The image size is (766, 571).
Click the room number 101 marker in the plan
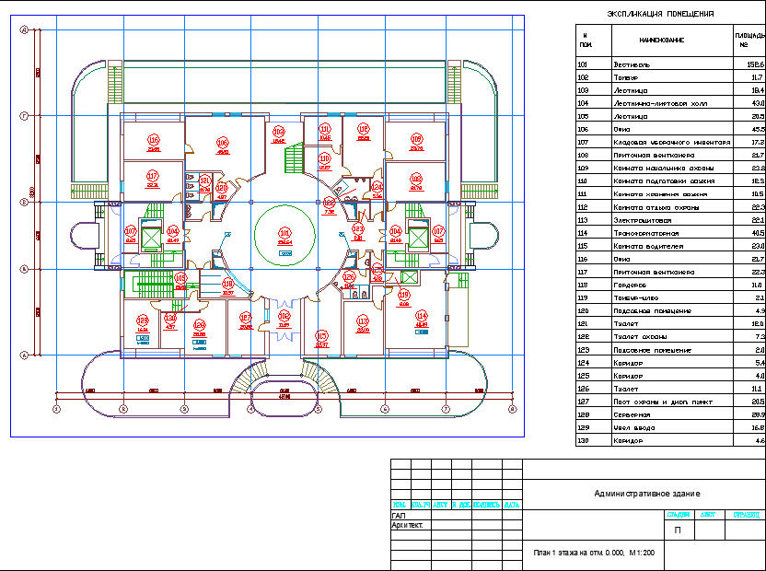(x=284, y=232)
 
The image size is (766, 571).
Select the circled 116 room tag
(x=153, y=140)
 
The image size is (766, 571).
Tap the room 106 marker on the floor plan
(x=222, y=142)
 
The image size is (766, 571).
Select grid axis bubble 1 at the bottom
(x=56, y=408)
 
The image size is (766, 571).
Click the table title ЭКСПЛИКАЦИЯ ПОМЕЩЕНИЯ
(x=660, y=14)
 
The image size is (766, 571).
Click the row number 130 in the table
(x=583, y=441)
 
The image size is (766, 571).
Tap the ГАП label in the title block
(x=398, y=516)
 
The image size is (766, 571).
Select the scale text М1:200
(x=641, y=554)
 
